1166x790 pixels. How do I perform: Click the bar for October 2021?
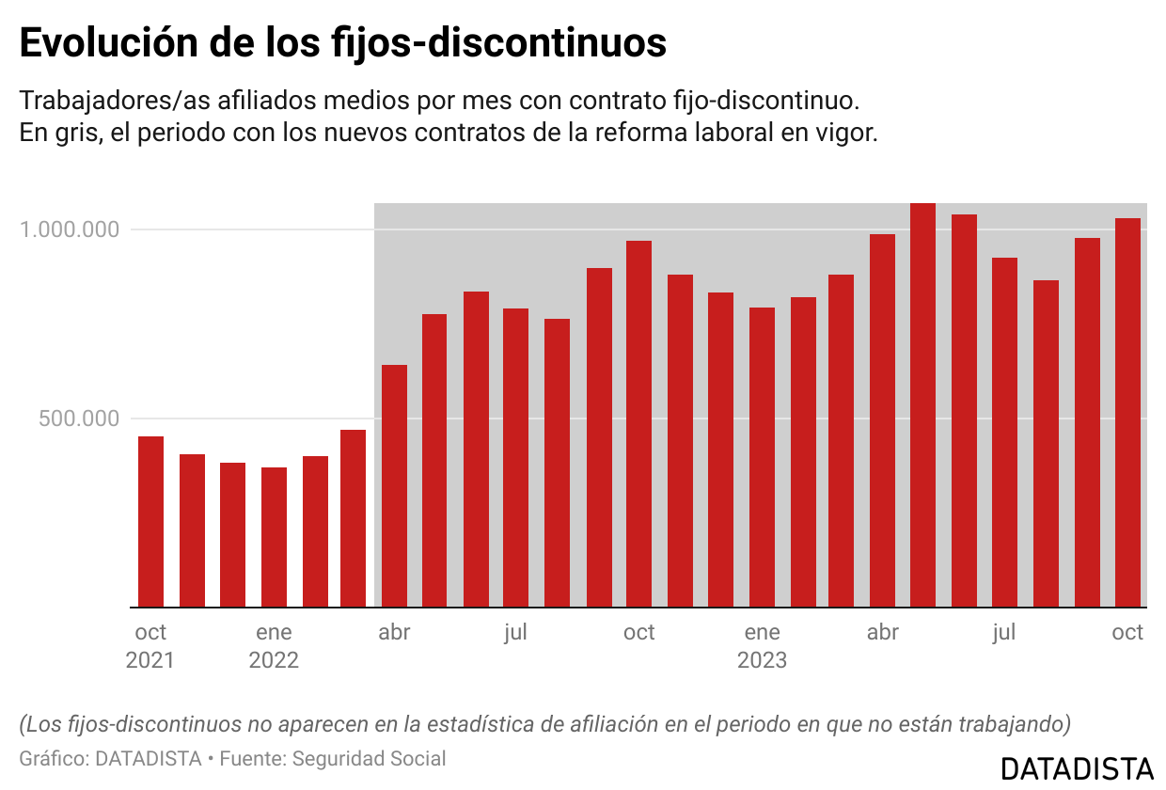tap(150, 522)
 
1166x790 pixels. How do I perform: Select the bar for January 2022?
tap(274, 537)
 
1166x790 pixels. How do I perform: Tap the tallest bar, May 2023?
tap(922, 405)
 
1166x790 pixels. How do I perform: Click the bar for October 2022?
tap(638, 424)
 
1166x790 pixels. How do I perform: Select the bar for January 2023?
tap(762, 457)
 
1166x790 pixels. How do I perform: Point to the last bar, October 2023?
tap(1127, 413)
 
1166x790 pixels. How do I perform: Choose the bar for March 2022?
tap(354, 518)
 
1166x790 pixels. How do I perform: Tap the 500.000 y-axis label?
tap(80, 419)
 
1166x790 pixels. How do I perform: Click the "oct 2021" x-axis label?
tap(150, 645)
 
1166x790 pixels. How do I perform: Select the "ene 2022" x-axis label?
tap(274, 645)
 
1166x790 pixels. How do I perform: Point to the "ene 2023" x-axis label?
tap(762, 645)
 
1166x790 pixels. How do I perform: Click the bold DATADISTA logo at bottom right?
tap(1077, 767)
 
